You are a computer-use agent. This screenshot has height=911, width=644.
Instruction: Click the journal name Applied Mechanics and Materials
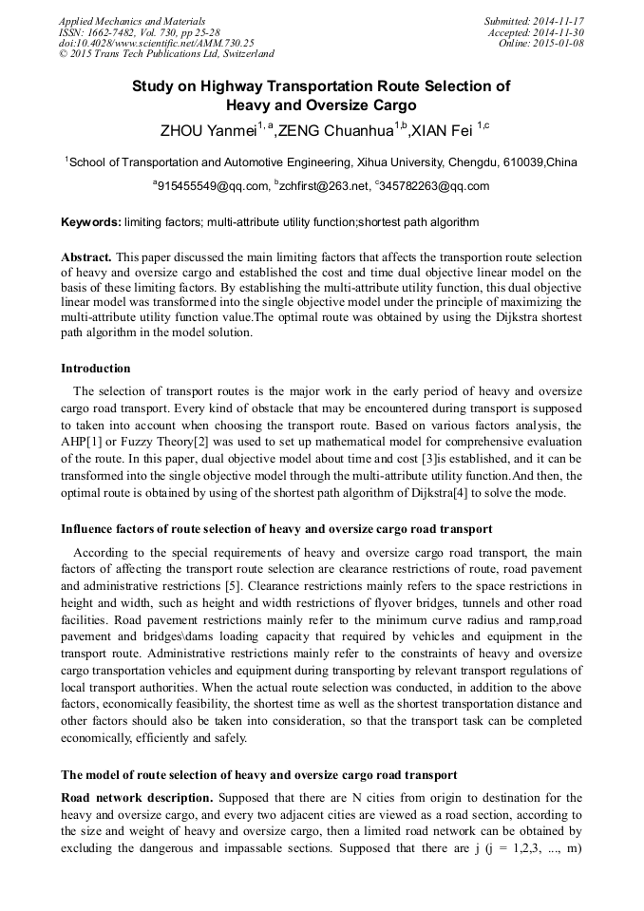(x=132, y=21)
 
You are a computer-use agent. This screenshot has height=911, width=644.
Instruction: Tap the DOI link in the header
(x=156, y=43)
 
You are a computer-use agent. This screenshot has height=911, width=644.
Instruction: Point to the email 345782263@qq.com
(x=436, y=187)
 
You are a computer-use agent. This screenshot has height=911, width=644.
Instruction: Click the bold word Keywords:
(x=91, y=222)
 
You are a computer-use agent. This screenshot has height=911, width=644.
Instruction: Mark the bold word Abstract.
(x=86, y=257)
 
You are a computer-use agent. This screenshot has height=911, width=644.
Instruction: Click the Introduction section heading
(x=96, y=369)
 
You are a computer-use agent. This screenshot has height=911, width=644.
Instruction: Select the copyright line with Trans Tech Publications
(x=166, y=54)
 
